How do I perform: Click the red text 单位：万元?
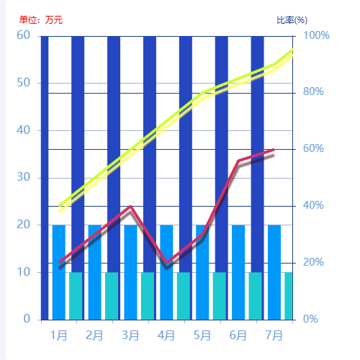coord(41,20)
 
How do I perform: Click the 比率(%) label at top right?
coord(292,20)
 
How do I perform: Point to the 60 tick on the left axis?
coord(24,35)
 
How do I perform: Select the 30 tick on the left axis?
coord(24,177)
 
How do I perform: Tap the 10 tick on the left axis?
coord(24,272)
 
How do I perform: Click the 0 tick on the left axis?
coord(27,319)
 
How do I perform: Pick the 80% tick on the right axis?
coord(315,92)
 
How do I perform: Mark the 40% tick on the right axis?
coord(315,206)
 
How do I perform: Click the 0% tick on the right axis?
coord(312,319)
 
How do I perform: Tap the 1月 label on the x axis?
coord(59,336)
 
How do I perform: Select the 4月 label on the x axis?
coord(166,336)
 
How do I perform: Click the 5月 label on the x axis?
coord(202,336)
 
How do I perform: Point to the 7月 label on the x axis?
coord(274,336)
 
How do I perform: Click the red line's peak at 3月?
coord(130,207)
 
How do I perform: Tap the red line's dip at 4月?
coord(166,263)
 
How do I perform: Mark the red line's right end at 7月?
coord(274,150)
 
